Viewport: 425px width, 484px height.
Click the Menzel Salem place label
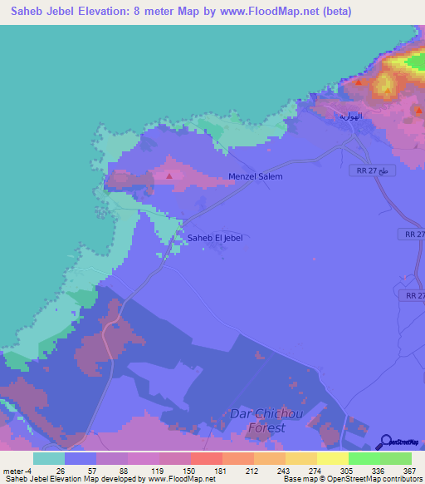pyautogui.click(x=256, y=176)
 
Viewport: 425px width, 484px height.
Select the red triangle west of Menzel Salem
pyautogui.click(x=169, y=175)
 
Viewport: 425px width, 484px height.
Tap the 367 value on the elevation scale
pyautogui.click(x=409, y=471)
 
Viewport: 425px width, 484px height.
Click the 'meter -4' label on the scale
pyautogui.click(x=17, y=471)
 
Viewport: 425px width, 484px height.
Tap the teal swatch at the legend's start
pyautogui.click(x=49, y=458)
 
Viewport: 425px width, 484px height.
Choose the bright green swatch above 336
pyautogui.click(x=364, y=458)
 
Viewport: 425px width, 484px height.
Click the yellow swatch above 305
pyautogui.click(x=333, y=458)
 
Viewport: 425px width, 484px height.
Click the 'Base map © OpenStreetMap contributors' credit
pyautogui.click(x=350, y=480)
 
